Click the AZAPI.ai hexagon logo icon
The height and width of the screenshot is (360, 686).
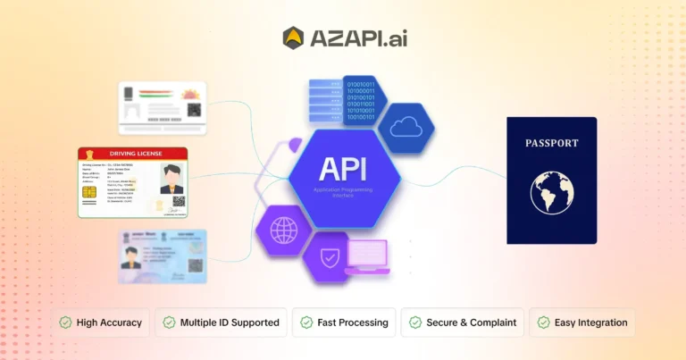coord(293,38)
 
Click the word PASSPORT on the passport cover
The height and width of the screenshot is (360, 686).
coord(551,143)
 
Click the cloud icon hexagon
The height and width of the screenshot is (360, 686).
coord(406,126)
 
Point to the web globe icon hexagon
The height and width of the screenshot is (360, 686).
coord(283,230)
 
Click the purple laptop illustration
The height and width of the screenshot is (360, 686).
coord(366,256)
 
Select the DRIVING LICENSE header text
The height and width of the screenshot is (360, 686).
coord(132,154)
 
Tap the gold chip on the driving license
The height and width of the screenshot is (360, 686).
coord(90,193)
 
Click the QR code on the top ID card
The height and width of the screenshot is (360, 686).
coord(193,110)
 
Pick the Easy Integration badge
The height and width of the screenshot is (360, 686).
coord(581,322)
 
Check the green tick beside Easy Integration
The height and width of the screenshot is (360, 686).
coord(543,322)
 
